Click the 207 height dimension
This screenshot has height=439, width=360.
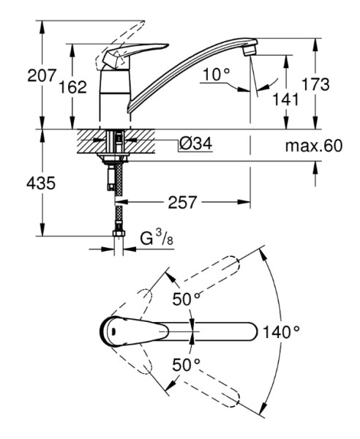[x=42, y=75]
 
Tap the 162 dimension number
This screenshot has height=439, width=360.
[x=72, y=87]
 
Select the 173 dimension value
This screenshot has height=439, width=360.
[x=315, y=84]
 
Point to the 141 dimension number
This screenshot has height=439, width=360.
[x=285, y=100]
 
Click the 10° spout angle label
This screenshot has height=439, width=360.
[x=216, y=75]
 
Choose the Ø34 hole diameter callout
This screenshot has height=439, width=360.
[x=195, y=144]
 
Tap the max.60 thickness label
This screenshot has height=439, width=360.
[x=314, y=146]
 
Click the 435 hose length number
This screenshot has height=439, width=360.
[x=41, y=184]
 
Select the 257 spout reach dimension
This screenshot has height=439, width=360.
[x=182, y=202]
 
